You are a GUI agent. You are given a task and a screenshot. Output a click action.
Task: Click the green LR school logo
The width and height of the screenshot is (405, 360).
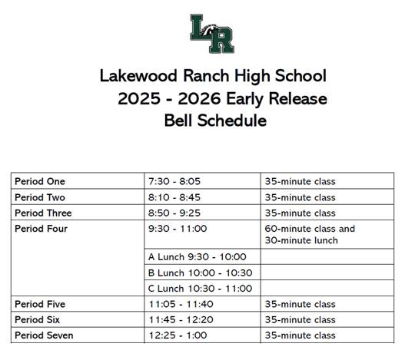click(212, 33)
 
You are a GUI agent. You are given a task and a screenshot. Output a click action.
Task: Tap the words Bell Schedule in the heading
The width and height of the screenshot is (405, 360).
click(215, 121)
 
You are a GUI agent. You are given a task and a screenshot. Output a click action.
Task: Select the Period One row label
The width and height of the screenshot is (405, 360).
click(40, 182)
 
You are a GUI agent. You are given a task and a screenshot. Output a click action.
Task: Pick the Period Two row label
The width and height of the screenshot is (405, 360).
click(40, 197)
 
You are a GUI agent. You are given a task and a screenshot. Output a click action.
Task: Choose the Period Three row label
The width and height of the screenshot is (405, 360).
click(44, 213)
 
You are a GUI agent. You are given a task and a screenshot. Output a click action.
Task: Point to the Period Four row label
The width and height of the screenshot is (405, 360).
click(41, 229)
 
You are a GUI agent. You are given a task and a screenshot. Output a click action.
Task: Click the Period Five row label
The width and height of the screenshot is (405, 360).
click(40, 305)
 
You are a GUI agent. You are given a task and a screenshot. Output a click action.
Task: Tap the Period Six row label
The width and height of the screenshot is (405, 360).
click(38, 320)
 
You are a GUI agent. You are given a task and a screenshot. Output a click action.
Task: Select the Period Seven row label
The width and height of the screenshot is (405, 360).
click(43, 335)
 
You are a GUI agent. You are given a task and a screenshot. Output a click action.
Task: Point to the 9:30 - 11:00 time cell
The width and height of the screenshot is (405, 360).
click(177, 229)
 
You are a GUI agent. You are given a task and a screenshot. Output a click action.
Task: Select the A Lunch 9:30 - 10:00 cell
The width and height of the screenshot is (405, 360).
click(197, 257)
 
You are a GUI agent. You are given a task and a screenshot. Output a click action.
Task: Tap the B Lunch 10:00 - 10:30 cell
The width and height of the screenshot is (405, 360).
click(200, 272)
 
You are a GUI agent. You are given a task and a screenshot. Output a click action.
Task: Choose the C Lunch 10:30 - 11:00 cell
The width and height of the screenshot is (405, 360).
click(200, 289)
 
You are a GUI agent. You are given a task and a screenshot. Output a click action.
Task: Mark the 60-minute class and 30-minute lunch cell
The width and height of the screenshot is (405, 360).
click(310, 234)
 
